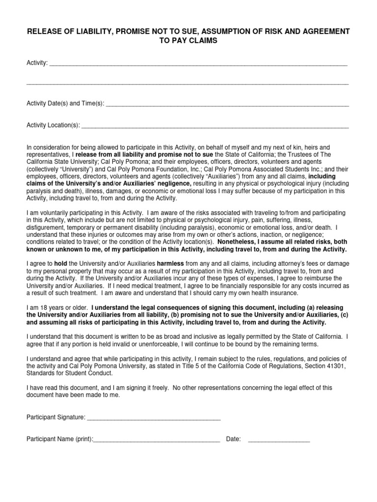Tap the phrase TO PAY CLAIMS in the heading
pyautogui.click(x=188, y=41)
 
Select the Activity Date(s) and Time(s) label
pyautogui.click(x=65, y=103)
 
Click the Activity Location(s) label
pyautogui.click(x=53, y=125)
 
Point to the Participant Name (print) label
pyautogui.click(x=59, y=439)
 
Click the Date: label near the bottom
pyautogui.click(x=233, y=439)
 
